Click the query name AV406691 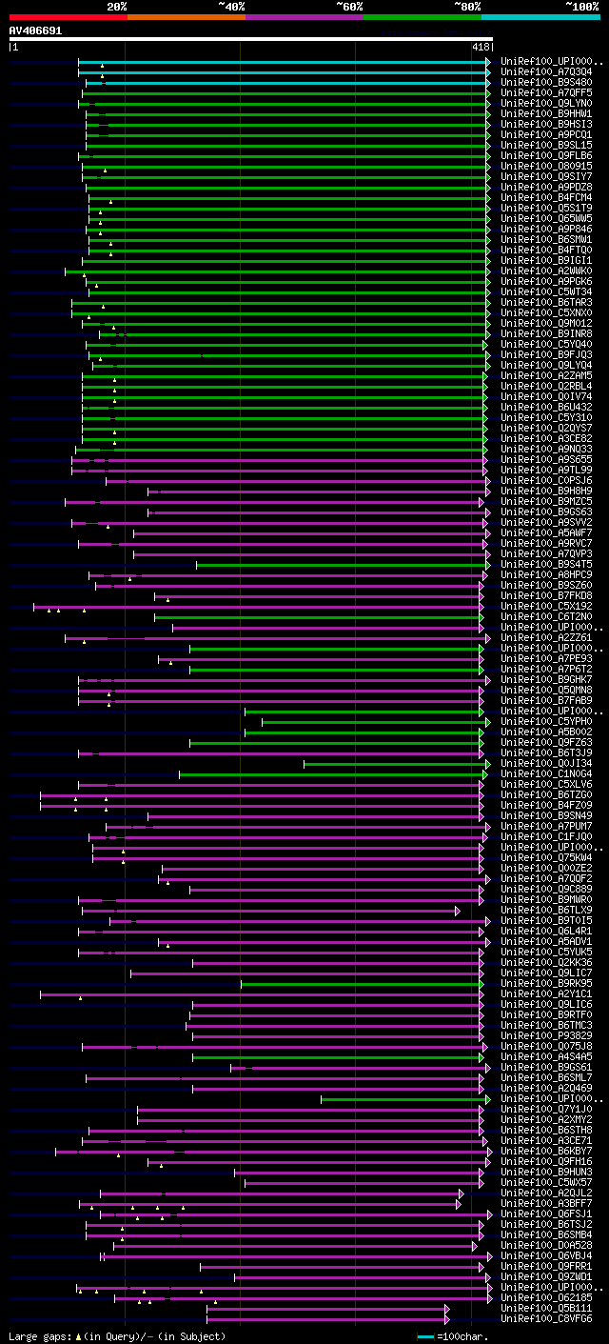(35, 30)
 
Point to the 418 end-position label (481, 46)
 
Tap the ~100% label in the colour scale (581, 6)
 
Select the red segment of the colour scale (68, 17)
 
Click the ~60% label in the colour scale (349, 6)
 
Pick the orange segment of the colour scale (186, 17)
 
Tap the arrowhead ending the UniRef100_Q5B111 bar (446, 1308)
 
